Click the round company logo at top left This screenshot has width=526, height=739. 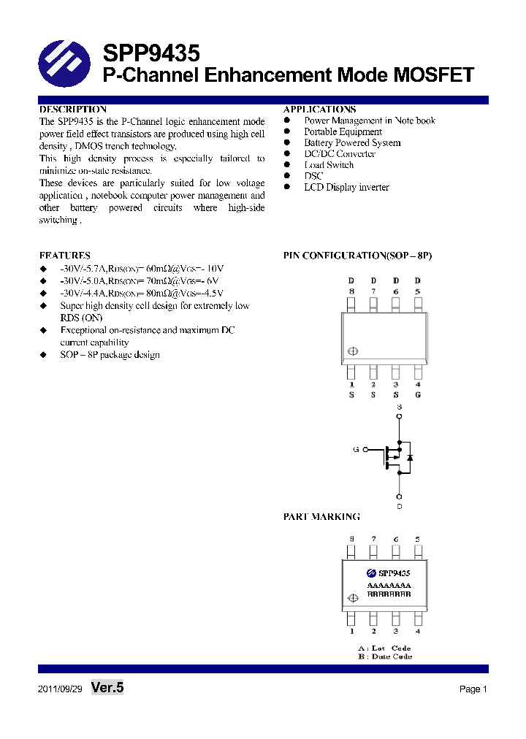[64, 64]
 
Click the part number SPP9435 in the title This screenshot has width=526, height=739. [150, 53]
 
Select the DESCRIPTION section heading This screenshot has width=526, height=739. [73, 110]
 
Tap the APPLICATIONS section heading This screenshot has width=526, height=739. [319, 110]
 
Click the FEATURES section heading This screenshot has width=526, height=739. [65, 256]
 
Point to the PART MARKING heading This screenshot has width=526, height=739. [321, 516]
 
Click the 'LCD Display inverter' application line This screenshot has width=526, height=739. [346, 187]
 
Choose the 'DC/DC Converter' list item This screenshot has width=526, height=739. [340, 154]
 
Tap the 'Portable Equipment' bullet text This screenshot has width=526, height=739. [343, 131]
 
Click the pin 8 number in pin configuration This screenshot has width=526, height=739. [351, 291]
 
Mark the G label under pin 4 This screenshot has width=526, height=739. [418, 395]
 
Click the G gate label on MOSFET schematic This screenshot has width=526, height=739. [356, 450]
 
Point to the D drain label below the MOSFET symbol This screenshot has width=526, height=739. [399, 506]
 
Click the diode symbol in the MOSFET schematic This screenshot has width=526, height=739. [410, 456]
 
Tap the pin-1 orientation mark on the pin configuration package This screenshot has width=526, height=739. [353, 351]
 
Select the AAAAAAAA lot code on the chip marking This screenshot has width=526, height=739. [389, 586]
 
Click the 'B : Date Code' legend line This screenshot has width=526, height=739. [384, 656]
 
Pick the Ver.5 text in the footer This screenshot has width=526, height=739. [107, 687]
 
